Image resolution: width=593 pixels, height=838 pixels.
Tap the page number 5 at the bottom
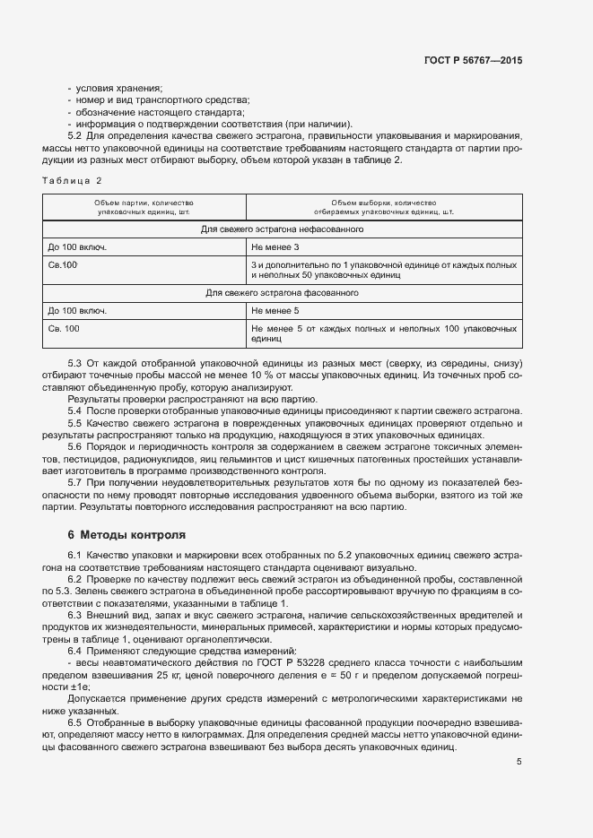(x=519, y=762)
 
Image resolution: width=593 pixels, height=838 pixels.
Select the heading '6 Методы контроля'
(x=126, y=535)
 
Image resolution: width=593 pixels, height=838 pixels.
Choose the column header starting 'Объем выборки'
(x=383, y=203)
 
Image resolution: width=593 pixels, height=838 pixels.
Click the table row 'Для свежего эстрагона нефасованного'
(x=282, y=229)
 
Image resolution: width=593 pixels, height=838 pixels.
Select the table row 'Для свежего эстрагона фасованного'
(x=282, y=293)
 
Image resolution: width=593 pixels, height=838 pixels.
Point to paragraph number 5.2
(x=76, y=136)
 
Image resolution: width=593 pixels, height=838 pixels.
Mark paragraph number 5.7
(x=76, y=483)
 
